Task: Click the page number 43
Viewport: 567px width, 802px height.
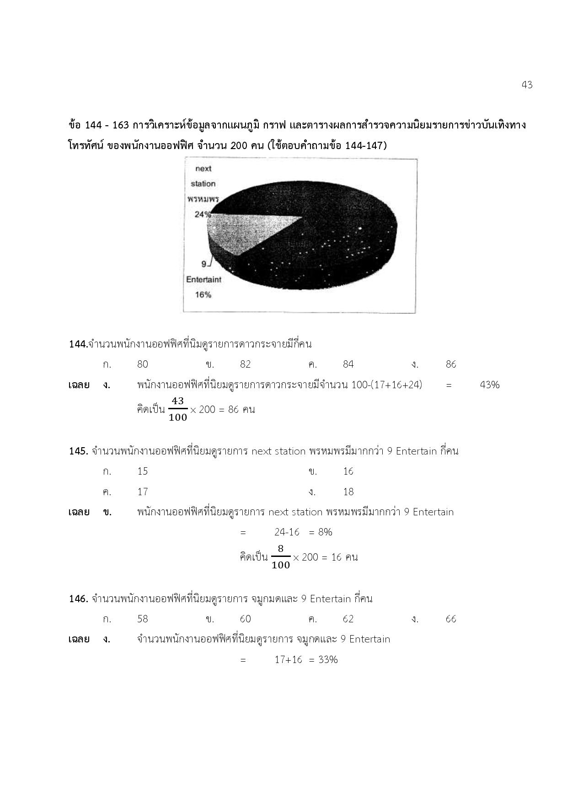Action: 527,85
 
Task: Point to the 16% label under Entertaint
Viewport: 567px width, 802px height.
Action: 203,295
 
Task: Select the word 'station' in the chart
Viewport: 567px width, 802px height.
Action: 203,184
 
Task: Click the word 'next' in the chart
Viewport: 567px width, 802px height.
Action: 203,169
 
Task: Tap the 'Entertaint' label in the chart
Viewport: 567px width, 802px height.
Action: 203,279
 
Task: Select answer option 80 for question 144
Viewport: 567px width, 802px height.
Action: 143,364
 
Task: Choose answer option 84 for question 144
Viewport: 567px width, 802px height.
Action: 348,364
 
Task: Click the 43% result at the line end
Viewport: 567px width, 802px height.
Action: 489,385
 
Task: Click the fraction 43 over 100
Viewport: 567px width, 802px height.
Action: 178,409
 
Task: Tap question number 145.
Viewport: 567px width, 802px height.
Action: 78,451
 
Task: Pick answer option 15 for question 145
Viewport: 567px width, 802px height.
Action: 143,471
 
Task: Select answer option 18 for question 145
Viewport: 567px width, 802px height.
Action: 348,492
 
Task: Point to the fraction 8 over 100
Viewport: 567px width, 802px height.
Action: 281,557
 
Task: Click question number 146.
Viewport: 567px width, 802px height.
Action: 78,599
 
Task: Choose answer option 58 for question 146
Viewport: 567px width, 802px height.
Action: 143,619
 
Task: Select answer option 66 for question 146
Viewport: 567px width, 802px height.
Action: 451,619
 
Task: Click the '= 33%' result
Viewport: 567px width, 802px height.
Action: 323,660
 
